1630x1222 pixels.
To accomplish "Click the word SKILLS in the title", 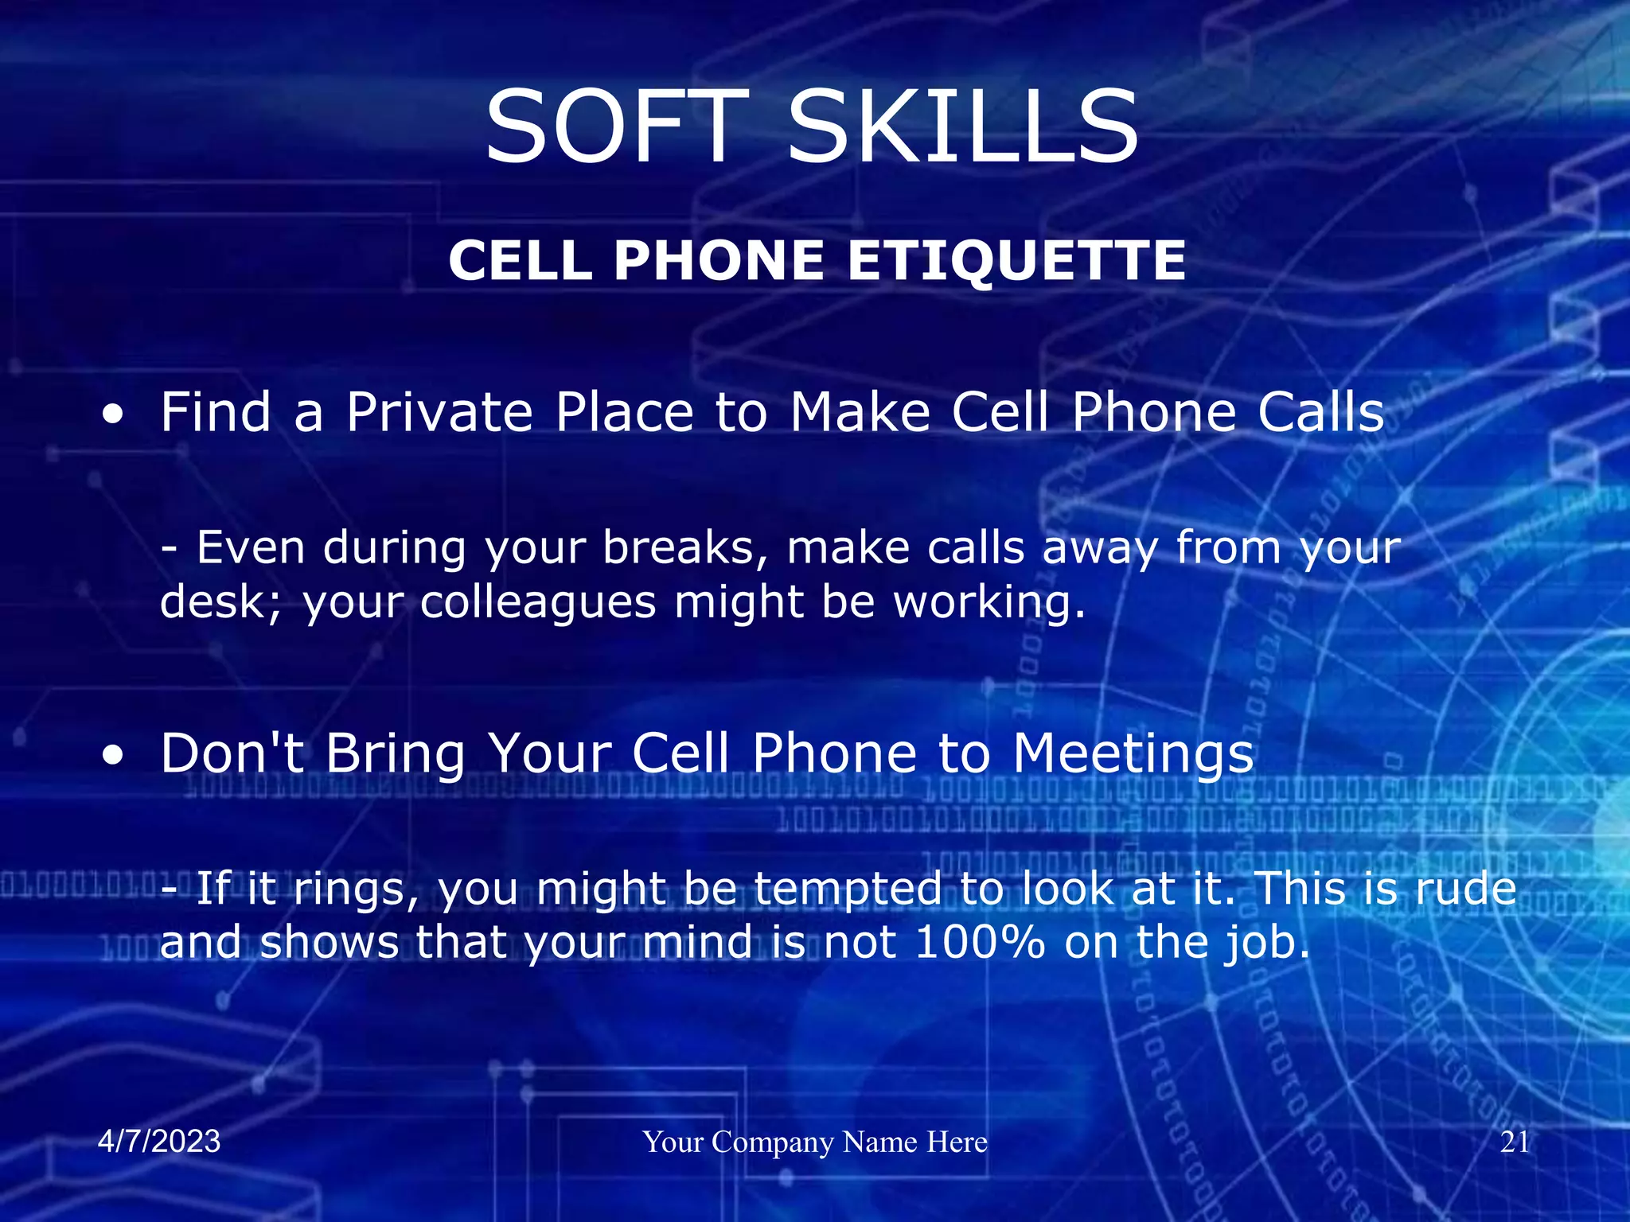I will click(963, 127).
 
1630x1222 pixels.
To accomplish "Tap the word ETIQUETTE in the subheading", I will click(1016, 261).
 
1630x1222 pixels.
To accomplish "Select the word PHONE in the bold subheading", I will click(719, 261).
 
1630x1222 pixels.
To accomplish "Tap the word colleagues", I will click(538, 602).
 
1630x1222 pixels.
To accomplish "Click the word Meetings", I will click(1133, 754).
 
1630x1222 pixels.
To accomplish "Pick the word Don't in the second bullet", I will click(232, 753).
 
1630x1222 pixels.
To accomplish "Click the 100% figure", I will click(980, 943).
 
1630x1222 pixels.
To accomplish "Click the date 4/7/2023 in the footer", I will click(159, 1142).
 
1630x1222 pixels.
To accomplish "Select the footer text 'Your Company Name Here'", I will click(815, 1142).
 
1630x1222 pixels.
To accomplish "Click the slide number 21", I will click(1515, 1142).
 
